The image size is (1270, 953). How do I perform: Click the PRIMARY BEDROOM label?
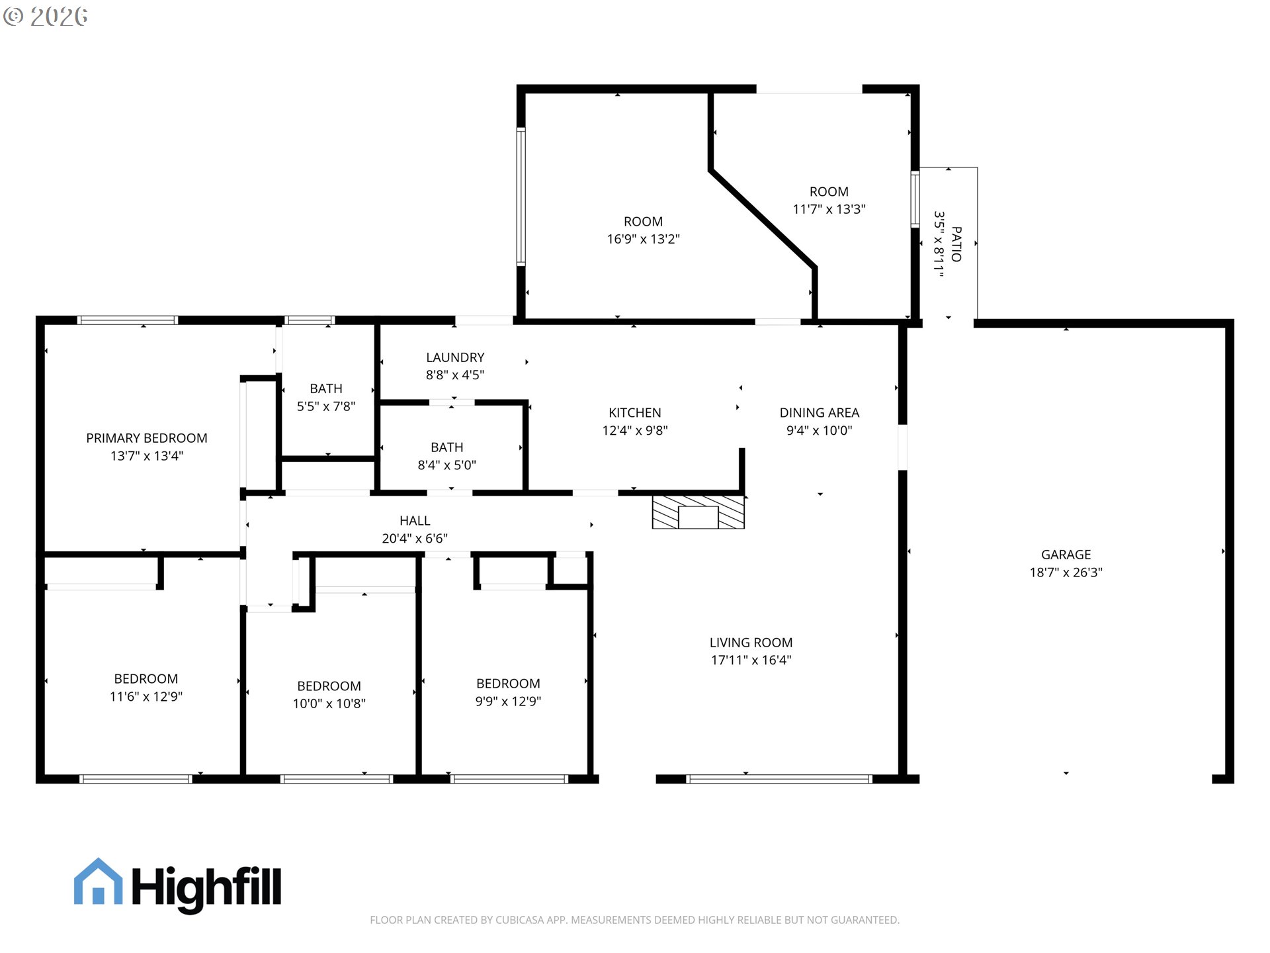pos(146,438)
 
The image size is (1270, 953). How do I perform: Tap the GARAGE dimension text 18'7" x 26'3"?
pos(1066,572)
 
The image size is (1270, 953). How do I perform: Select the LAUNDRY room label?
pos(455,357)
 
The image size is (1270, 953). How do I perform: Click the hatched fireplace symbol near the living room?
pos(698,512)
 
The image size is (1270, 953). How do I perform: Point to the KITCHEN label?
pos(634,413)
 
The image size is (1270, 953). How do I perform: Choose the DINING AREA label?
pos(819,413)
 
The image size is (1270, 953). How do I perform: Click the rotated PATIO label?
pos(956,244)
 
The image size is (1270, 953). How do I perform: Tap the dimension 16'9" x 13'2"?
pos(643,239)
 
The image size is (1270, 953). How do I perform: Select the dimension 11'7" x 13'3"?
pos(829,209)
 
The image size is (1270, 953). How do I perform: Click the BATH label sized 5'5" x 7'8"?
pos(326,388)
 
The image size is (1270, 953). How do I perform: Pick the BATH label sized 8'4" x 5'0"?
pos(446,447)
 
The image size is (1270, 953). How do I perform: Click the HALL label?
pos(415,521)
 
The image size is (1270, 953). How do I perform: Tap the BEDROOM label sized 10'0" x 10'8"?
pos(329,686)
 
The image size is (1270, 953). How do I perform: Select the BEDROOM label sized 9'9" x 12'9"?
pos(508,684)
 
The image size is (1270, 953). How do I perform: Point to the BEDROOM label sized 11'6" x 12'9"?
pos(146,679)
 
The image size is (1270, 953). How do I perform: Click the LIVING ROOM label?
pos(751,643)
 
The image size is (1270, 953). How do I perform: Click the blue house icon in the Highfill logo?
pos(98,882)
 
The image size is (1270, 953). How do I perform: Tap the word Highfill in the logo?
pos(206,887)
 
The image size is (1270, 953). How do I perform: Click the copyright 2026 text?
pos(46,17)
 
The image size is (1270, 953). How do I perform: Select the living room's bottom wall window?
pos(779,779)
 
